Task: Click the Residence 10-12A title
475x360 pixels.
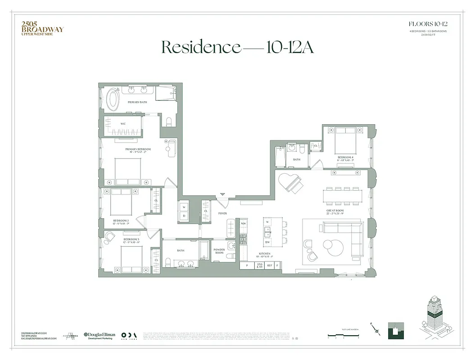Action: (x=237, y=47)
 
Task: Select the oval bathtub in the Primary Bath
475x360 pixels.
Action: (x=112, y=99)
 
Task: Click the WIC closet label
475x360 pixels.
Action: (x=122, y=123)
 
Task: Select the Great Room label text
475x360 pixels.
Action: (x=335, y=211)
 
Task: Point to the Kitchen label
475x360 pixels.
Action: (x=264, y=254)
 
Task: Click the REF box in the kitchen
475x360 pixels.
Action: (x=269, y=266)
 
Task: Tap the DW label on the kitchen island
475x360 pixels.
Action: (x=267, y=242)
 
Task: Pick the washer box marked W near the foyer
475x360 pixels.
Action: (x=184, y=207)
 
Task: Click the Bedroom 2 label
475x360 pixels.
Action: (x=121, y=220)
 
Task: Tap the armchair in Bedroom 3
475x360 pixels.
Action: (x=109, y=237)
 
